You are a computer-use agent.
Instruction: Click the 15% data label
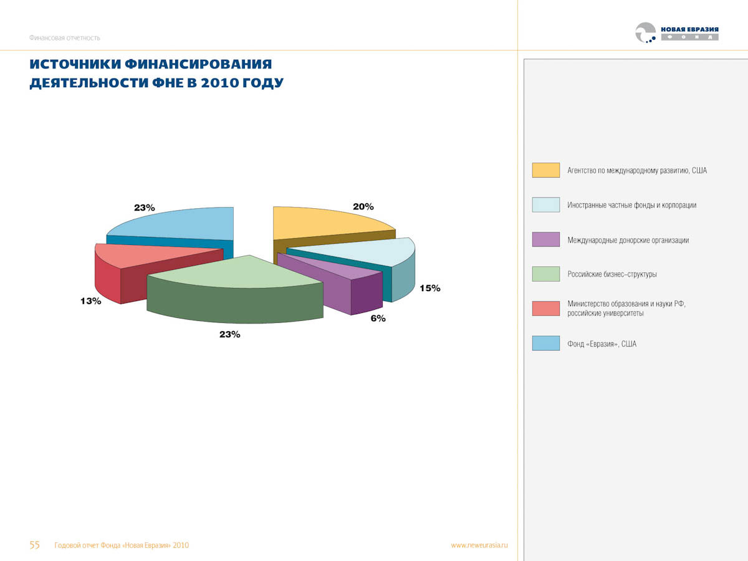429,288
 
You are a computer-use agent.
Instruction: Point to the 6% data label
378,319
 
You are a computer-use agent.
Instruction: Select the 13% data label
90,301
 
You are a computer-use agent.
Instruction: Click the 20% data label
363,206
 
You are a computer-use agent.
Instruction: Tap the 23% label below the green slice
229,335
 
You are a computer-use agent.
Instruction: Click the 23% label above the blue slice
144,208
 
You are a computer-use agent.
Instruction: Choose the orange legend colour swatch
545,170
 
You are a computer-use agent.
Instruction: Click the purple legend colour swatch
545,239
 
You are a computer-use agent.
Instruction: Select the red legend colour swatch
545,308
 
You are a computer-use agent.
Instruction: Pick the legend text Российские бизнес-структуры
611,274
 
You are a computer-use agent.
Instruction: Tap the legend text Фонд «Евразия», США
602,343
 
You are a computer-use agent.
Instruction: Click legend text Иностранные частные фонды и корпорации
631,205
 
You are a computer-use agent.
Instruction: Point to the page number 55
35,545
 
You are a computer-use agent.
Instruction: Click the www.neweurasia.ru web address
479,545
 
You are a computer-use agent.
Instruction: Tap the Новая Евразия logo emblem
645,32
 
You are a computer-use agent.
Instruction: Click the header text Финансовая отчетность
64,38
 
